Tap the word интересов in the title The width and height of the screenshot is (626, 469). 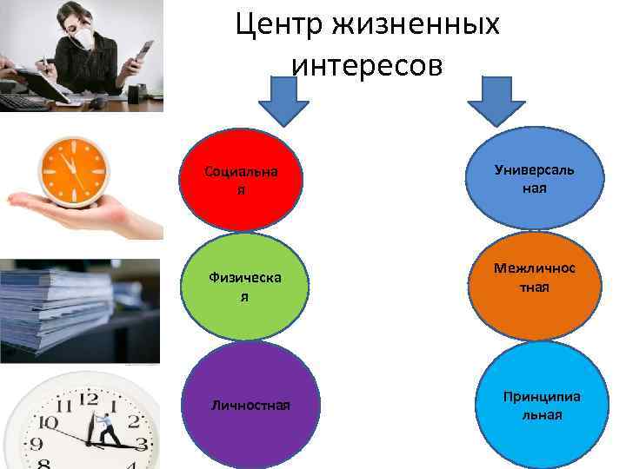368,64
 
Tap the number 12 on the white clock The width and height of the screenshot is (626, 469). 89,400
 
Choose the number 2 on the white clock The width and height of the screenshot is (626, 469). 135,422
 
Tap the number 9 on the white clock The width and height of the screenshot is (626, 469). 35,446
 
